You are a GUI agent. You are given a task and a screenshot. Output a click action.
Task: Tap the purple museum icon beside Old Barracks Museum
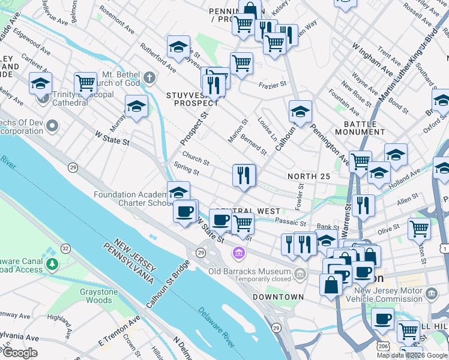tap(240, 254)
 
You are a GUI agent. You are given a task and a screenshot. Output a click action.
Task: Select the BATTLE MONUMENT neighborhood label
tap(356, 128)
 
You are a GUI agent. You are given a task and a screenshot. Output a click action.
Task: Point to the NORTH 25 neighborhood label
tap(309, 176)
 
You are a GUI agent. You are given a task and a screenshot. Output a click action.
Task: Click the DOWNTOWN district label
tap(278, 297)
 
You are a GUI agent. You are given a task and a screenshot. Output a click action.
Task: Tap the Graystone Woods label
tap(90, 296)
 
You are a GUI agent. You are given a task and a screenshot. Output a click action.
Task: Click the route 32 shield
tap(65, 248)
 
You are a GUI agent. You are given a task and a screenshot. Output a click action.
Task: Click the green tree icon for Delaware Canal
tap(53, 263)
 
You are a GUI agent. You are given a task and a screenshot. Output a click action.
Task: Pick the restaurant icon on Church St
tap(244, 175)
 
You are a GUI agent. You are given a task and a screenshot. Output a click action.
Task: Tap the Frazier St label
tap(273, 86)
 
